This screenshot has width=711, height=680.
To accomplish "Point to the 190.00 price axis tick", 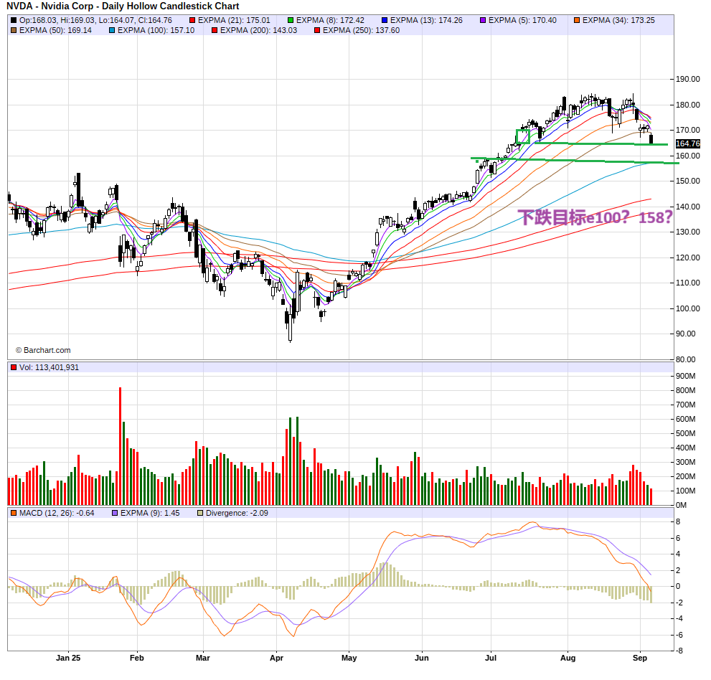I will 687,80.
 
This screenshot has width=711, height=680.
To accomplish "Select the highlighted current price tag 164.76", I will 687,143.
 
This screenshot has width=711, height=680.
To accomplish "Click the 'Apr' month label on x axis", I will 277,657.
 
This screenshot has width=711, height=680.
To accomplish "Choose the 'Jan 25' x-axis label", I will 69,657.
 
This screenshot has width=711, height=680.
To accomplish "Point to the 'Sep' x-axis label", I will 641,657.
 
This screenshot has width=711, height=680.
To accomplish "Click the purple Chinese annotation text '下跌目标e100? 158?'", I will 595,217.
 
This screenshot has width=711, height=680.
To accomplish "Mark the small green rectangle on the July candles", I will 523,136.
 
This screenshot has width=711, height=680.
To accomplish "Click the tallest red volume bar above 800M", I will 120,445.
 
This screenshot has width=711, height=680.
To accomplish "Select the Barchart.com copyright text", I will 43,350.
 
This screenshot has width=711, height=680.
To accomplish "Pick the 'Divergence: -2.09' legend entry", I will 236,513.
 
